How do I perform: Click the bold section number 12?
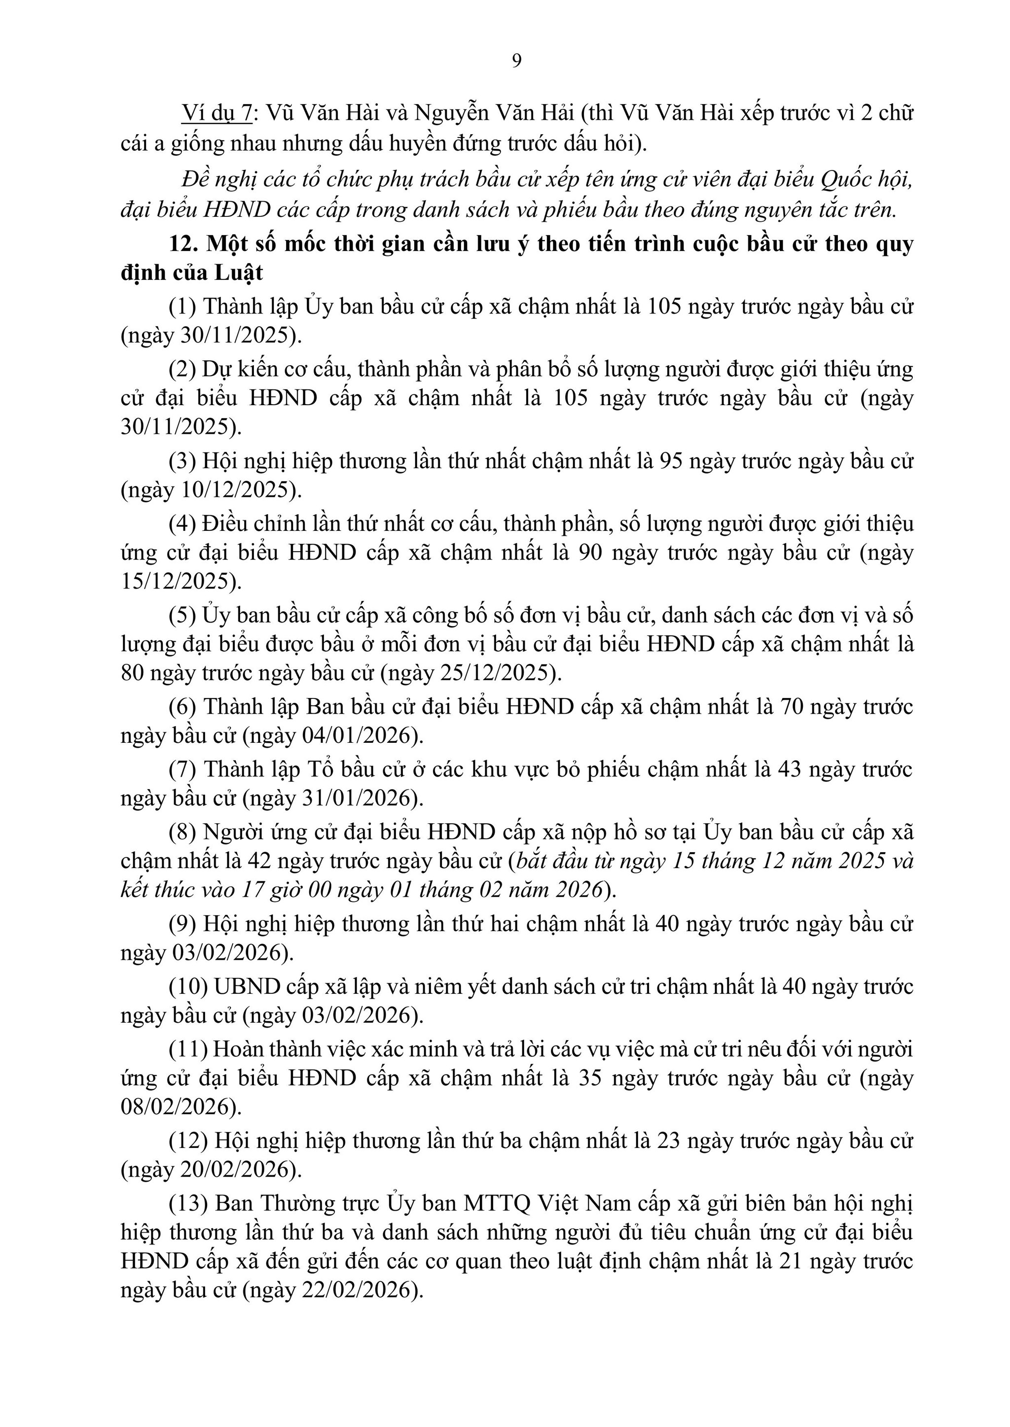click(183, 244)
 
